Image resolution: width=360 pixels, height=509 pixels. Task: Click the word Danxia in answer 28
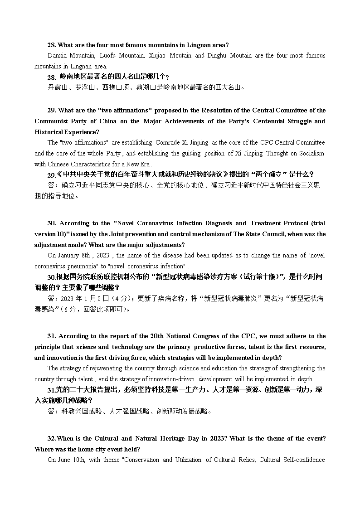point(57,56)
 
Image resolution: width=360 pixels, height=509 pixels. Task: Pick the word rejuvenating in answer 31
point(105,368)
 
